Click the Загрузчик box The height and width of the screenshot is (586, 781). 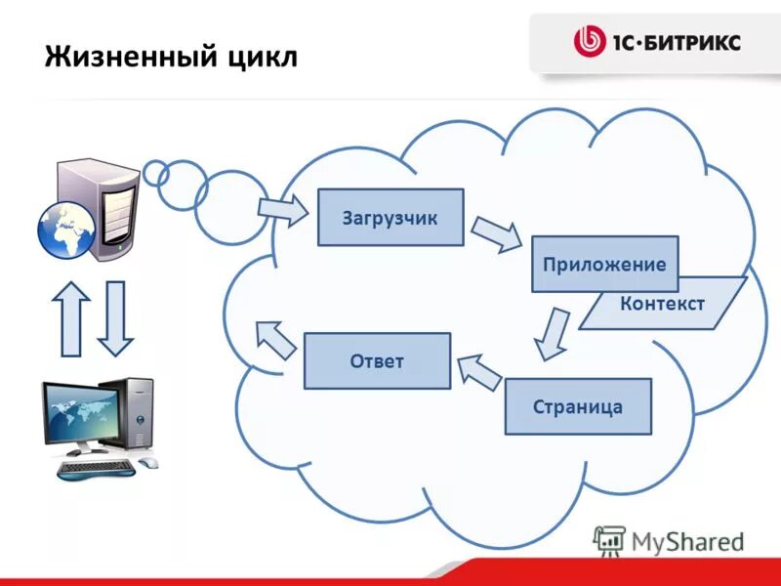click(390, 217)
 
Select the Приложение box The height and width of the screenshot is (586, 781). click(604, 264)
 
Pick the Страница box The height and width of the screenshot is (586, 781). click(578, 406)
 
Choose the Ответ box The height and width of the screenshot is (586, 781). click(377, 361)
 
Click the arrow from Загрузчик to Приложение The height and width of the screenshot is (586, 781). click(497, 234)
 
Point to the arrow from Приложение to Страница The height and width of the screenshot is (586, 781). click(553, 333)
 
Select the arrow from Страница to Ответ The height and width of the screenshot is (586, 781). click(478, 372)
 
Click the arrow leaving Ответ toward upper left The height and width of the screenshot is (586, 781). click(275, 338)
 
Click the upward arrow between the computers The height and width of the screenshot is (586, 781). click(70, 318)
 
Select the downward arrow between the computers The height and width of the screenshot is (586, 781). click(116, 318)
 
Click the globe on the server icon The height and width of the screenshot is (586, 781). click(65, 230)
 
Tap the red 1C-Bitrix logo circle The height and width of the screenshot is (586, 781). click(590, 42)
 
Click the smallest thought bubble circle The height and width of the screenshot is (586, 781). click(155, 172)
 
